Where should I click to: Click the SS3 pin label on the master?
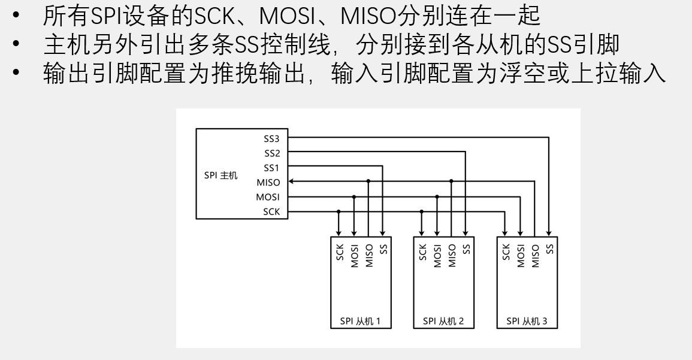272,138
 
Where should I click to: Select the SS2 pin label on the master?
272,153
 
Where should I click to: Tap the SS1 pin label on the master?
272,168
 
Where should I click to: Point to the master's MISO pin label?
268,183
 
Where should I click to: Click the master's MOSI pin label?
268,197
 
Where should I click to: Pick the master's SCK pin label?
271,211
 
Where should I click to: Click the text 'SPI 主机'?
220,176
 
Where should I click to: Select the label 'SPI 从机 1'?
360,321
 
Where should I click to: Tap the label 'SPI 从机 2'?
443,321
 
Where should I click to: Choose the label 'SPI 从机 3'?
527,321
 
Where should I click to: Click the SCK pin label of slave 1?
339,252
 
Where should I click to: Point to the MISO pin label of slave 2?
452,255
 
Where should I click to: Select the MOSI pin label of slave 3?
521,255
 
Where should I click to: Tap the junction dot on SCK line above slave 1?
339,211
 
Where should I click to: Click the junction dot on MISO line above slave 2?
451,181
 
